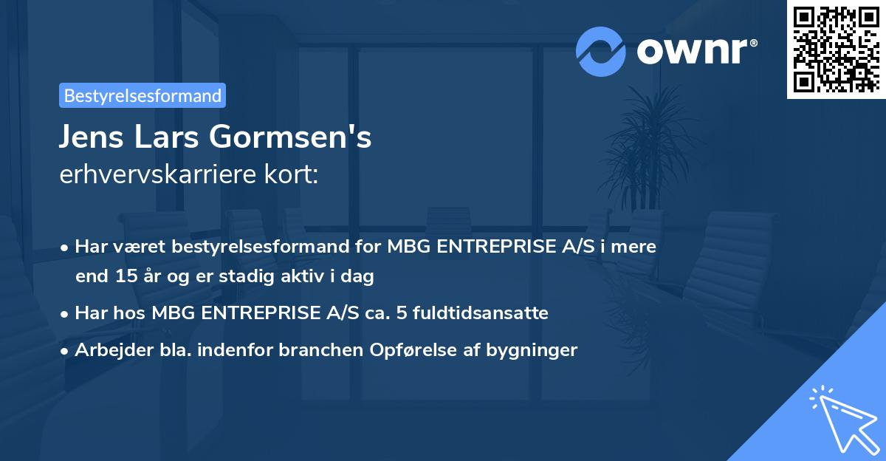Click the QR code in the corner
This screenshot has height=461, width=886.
tap(836, 49)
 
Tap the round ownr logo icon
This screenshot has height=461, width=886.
tap(601, 52)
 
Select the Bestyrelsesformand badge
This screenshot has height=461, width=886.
tap(142, 95)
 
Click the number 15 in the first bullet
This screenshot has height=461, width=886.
tap(123, 276)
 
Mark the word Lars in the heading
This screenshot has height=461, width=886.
tap(174, 137)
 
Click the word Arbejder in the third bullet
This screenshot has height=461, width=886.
tap(107, 350)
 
